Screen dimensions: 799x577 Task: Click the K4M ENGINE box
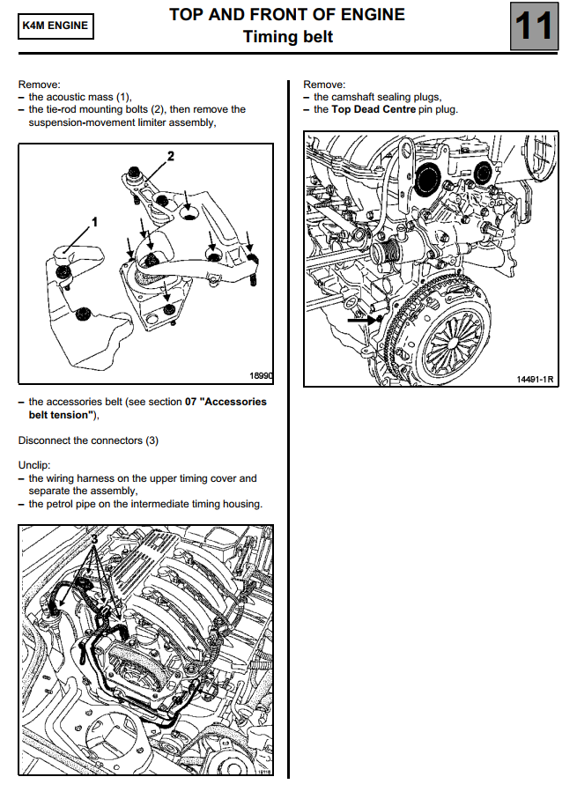coord(55,26)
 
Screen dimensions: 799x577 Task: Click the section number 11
coord(533,26)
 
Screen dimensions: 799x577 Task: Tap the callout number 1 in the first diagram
coord(94,220)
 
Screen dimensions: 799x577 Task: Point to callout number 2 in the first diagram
coord(171,156)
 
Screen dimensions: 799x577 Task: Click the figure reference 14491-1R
coord(535,380)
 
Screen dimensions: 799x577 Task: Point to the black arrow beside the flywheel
coord(362,322)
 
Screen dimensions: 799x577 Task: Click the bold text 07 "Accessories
coord(226,402)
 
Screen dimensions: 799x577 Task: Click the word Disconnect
coord(45,440)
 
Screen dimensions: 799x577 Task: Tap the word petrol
coord(65,504)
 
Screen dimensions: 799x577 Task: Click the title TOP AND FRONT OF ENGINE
coord(287,15)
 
